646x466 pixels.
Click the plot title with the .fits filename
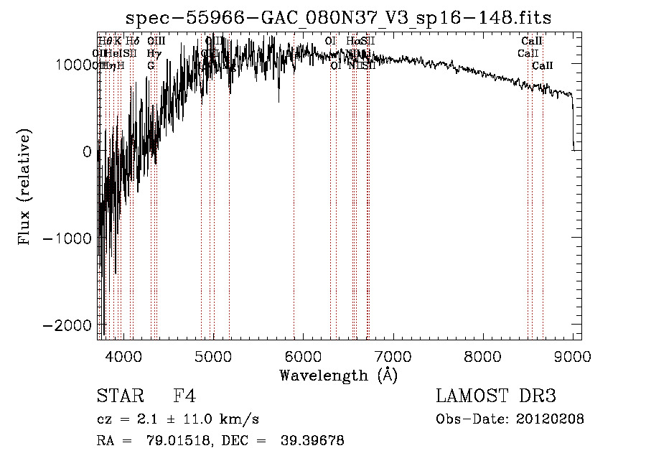point(339,19)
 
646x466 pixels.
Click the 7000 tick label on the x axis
point(393,355)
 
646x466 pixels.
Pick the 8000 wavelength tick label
point(482,355)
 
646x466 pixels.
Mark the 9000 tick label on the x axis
point(572,355)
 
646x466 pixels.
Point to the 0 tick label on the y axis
point(86,152)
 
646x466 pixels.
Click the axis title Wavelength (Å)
point(338,375)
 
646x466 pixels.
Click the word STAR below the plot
point(117,396)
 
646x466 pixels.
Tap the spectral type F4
point(184,396)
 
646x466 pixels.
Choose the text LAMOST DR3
point(495,396)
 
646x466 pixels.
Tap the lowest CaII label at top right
point(543,65)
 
